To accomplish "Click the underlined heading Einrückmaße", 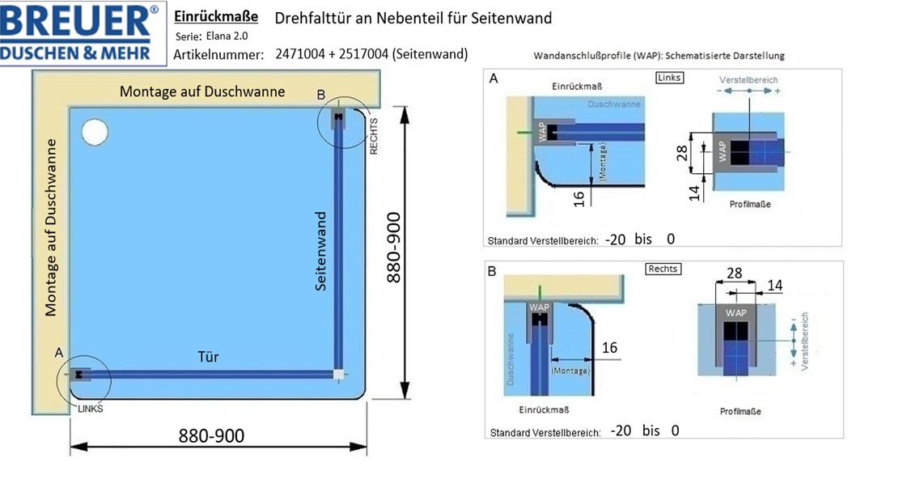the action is point(216,17).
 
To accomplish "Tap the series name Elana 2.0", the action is point(227,36).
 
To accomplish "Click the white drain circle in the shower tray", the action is point(95,132).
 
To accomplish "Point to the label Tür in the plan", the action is point(208,357).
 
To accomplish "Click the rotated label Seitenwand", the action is point(320,251).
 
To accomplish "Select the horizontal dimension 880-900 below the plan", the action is point(211,436).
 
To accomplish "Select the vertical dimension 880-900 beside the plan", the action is point(393,248).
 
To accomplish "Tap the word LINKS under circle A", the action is point(91,409).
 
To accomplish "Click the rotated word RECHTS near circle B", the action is point(374,137).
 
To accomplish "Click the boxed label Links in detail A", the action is point(669,78).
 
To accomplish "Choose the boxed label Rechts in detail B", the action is point(663,269).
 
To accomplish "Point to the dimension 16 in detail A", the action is point(579,198).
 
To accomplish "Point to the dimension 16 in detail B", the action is point(609,348).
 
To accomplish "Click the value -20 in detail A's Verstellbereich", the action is point(616,239).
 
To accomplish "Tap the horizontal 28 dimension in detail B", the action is point(734,273).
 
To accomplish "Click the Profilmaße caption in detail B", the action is point(740,411).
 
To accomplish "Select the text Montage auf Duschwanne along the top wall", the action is point(202,91).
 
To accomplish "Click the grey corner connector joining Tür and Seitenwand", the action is point(338,374).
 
